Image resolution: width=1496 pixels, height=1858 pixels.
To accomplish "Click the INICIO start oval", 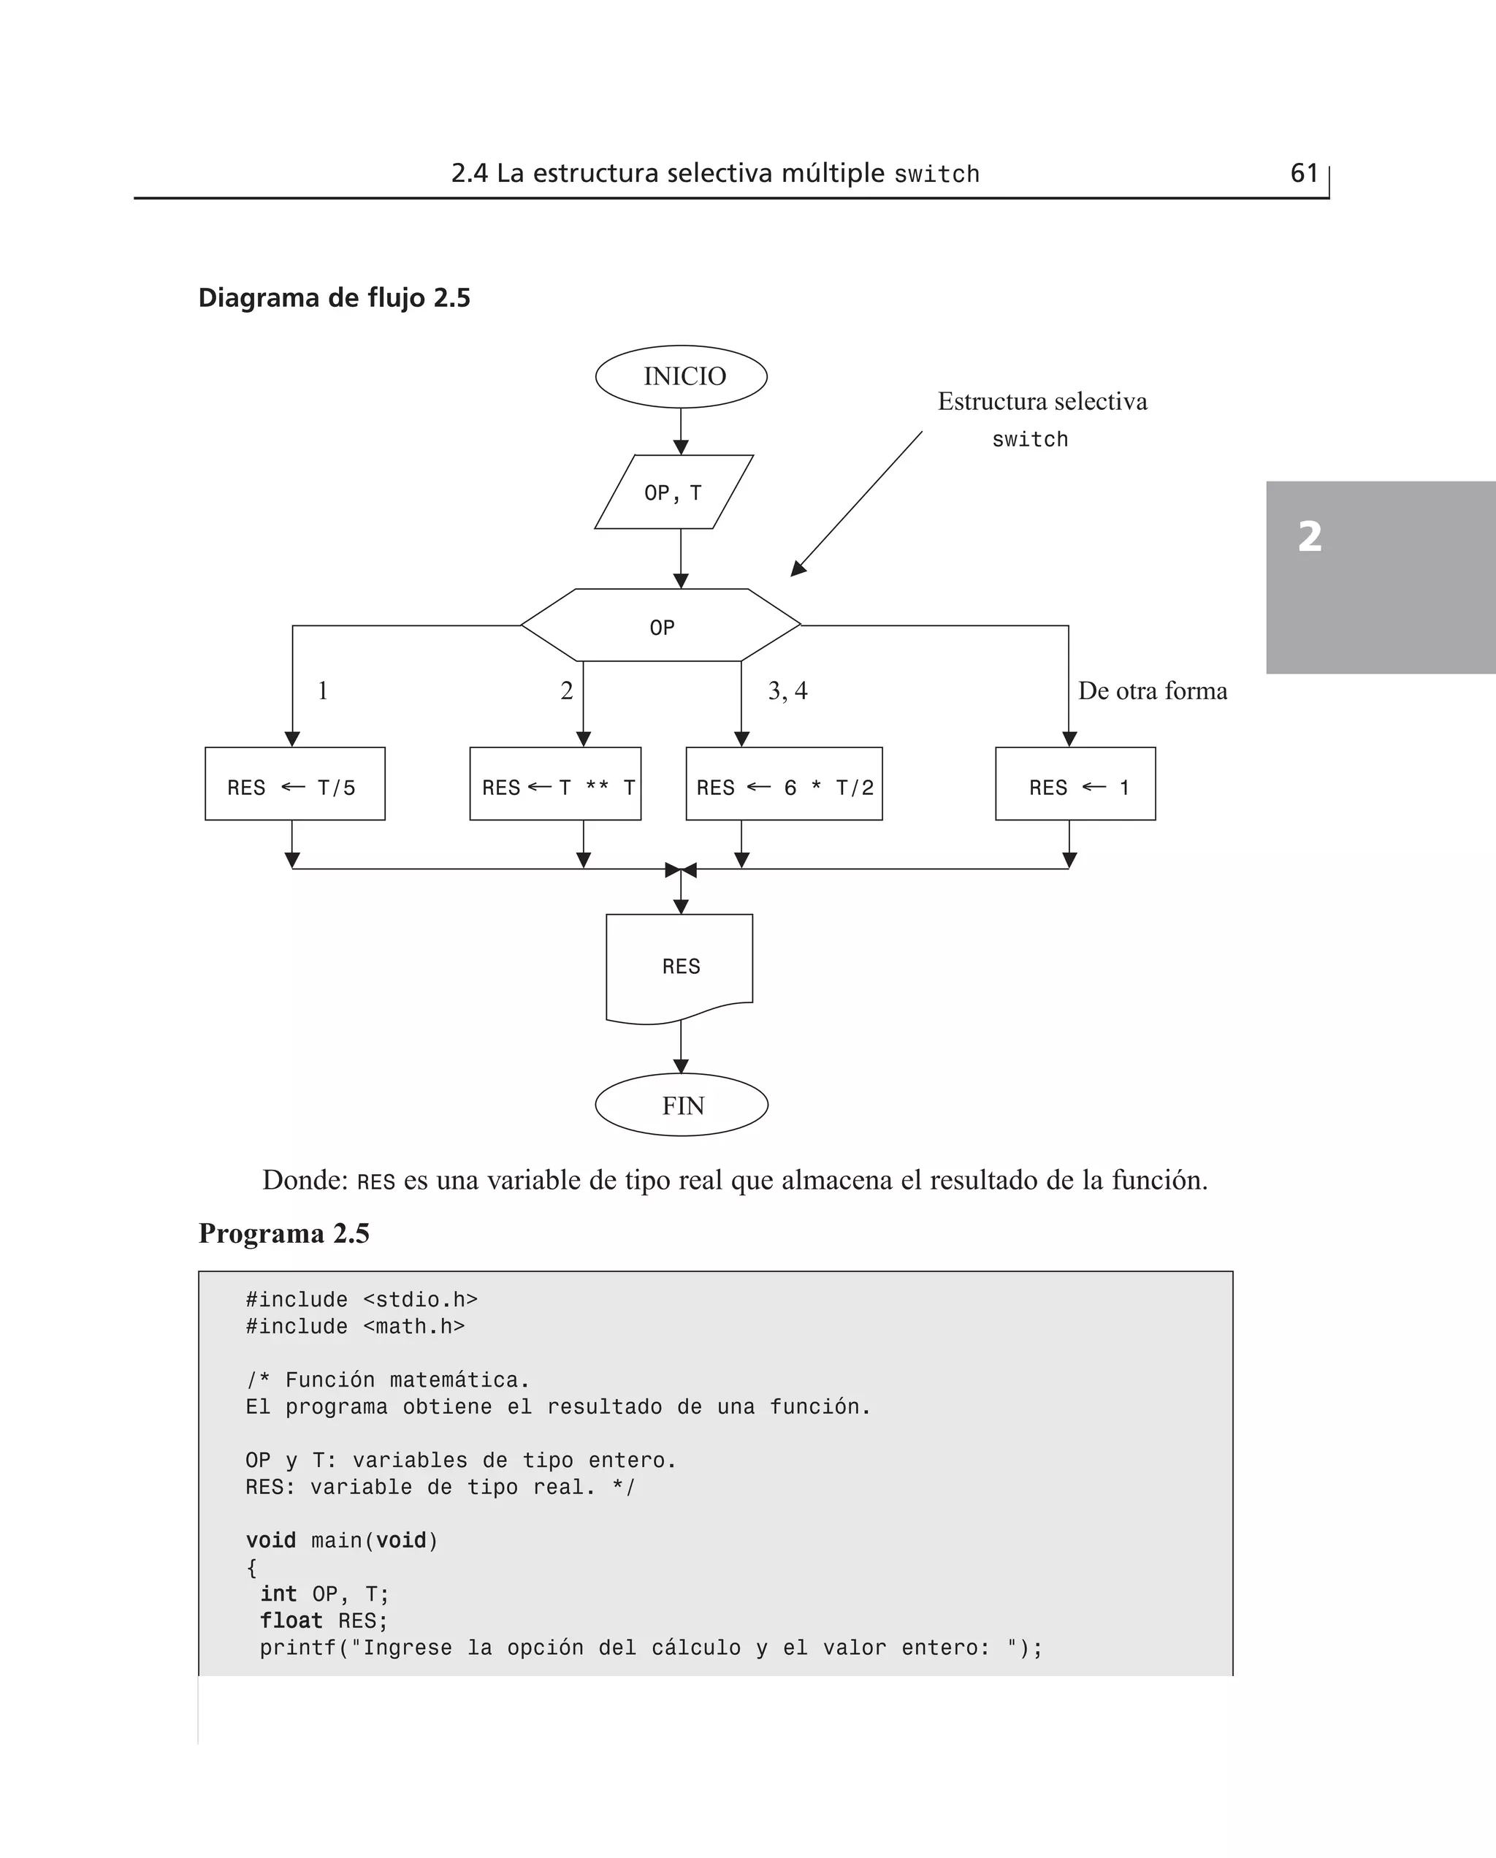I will pyautogui.click(x=681, y=376).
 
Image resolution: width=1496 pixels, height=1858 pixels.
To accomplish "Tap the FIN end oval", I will pyautogui.click(x=682, y=1105).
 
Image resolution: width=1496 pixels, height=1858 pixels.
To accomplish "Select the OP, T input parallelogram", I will pyautogui.click(x=674, y=492).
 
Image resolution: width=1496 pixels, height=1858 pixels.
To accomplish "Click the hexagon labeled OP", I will pyautogui.click(x=661, y=626).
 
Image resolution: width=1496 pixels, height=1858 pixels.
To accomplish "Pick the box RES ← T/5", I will pyautogui.click(x=294, y=784).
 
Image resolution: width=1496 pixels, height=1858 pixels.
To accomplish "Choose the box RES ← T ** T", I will pyautogui.click(x=556, y=784).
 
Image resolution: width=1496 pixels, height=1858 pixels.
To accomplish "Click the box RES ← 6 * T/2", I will pyautogui.click(x=785, y=784).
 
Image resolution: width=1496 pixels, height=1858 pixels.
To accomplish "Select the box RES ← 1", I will pyautogui.click(x=1075, y=784).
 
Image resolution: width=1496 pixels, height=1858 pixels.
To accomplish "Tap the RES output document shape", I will pyautogui.click(x=680, y=967).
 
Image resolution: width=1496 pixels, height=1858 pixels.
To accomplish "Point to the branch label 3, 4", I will pyautogui.click(x=787, y=691).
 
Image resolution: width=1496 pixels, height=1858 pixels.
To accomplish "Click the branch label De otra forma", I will pyautogui.click(x=1152, y=691).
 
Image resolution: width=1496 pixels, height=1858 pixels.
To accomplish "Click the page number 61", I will pyautogui.click(x=1304, y=173).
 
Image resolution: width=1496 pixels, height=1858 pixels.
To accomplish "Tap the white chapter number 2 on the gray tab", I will pyautogui.click(x=1310, y=536).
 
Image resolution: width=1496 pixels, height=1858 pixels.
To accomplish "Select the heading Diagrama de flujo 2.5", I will pyautogui.click(x=335, y=298).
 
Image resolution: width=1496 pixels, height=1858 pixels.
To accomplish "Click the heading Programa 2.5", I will pyautogui.click(x=283, y=1233).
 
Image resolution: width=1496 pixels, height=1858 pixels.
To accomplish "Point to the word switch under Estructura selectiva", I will pyautogui.click(x=1030, y=440).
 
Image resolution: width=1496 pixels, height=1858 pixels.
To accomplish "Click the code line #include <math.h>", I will pyautogui.click(x=355, y=1326).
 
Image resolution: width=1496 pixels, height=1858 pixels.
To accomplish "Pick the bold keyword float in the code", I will pyautogui.click(x=291, y=1621).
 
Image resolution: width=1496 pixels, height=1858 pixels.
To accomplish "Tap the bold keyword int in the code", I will pyautogui.click(x=278, y=1594).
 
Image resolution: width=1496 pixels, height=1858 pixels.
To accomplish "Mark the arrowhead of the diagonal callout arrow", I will pyautogui.click(x=797, y=570).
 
